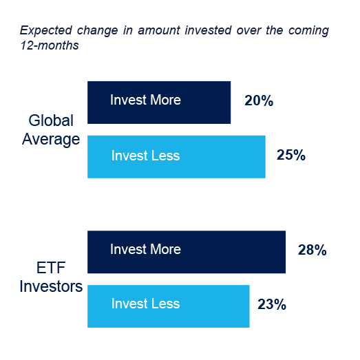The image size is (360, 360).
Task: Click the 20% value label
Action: pyautogui.click(x=259, y=101)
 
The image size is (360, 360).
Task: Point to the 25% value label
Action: pyautogui.click(x=290, y=155)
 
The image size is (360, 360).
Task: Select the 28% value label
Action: pyautogui.click(x=312, y=251)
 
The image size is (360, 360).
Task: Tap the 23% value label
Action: pyautogui.click(x=271, y=304)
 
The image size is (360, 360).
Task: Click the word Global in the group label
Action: pyautogui.click(x=51, y=121)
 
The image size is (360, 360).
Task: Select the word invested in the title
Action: pyautogui.click(x=187, y=30)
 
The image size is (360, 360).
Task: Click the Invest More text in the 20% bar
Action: pyautogui.click(x=145, y=100)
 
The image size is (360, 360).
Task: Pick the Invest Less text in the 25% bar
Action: pyautogui.click(x=145, y=156)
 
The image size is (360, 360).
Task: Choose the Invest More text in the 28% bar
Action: pyautogui.click(x=145, y=249)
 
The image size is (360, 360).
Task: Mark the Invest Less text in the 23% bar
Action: pyautogui.click(x=145, y=304)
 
